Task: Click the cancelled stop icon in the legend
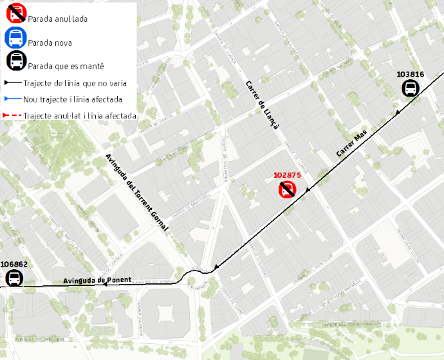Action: tap(15, 15)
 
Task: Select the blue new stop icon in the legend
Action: tap(15, 39)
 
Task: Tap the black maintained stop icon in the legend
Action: tap(15, 62)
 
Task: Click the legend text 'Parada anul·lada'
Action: tap(58, 19)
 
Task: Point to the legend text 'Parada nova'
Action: tap(50, 43)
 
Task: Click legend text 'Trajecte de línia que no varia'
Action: tap(75, 83)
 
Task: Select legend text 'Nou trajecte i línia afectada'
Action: tap(72, 99)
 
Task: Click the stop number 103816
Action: tap(411, 74)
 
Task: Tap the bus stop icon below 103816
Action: tap(411, 88)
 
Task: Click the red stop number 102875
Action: tap(288, 175)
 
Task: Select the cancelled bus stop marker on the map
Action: tap(287, 189)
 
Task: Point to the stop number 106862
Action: tap(14, 264)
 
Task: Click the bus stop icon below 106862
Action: tap(14, 278)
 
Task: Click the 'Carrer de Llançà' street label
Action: tap(262, 106)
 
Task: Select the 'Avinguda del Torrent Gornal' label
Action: tap(136, 193)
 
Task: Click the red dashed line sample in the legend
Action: tap(12, 116)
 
